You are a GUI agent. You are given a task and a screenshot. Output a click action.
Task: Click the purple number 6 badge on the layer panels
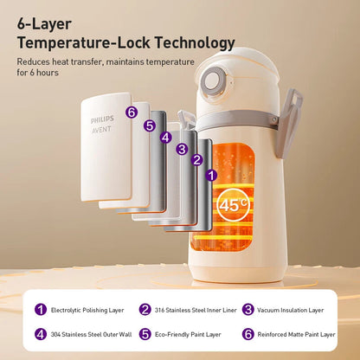132,112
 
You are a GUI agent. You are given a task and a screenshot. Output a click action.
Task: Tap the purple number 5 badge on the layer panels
150,125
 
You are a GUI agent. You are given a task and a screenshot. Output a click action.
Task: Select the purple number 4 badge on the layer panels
165,138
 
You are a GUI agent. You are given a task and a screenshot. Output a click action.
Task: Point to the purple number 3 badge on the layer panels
182,149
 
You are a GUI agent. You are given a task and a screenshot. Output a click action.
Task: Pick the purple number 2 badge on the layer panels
197,160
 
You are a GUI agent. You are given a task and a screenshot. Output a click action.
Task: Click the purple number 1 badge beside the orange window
211,175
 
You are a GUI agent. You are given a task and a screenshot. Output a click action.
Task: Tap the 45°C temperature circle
233,204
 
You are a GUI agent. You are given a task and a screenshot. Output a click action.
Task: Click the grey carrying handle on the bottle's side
288,124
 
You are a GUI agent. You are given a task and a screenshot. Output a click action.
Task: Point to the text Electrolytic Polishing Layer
87,310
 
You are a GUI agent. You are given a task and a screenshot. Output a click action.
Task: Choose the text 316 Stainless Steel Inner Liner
196,310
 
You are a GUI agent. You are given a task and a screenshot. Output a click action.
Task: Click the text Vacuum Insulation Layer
291,310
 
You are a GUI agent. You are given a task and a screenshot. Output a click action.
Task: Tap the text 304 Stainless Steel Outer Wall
91,335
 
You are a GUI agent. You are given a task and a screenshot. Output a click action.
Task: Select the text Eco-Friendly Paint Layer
188,335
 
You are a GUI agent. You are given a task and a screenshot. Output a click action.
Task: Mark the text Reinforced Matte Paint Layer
296,335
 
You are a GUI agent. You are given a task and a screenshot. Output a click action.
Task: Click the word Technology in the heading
195,43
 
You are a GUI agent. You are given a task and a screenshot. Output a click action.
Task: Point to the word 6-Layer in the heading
44,24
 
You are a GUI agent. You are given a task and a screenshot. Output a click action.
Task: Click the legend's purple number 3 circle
248,310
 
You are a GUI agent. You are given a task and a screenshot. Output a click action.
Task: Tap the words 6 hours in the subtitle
43,73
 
